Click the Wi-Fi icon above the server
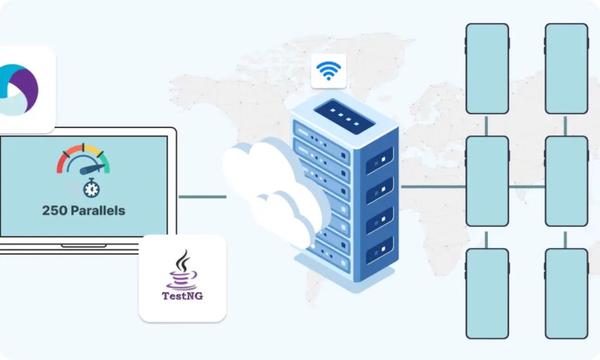click(328, 71)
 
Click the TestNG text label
click(182, 296)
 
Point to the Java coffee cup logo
click(183, 269)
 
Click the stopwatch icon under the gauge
click(91, 188)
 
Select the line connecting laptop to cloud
click(202, 197)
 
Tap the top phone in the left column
click(487, 69)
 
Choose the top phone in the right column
click(566, 69)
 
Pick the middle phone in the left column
click(487, 181)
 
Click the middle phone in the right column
click(566, 181)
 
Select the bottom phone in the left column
click(487, 293)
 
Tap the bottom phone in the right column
click(566, 293)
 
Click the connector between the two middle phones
click(526, 187)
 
